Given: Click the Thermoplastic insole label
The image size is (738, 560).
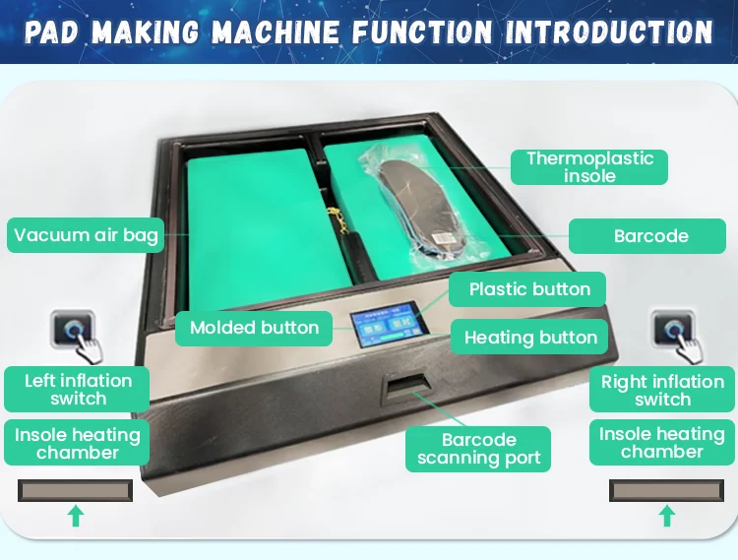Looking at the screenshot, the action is (x=589, y=167).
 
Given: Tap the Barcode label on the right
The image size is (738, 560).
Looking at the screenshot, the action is (x=650, y=236).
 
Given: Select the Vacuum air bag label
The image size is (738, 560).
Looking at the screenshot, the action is (x=86, y=236).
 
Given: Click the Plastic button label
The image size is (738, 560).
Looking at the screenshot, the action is (x=529, y=289).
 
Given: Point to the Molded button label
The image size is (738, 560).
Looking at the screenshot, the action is (x=254, y=328).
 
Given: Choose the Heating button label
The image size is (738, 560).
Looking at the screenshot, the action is (x=530, y=338).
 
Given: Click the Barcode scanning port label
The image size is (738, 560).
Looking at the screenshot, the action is (x=479, y=449).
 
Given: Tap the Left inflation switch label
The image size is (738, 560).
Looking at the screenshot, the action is (x=78, y=390).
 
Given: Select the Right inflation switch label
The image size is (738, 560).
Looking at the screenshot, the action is (x=662, y=391).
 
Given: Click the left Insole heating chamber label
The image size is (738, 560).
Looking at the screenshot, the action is (x=78, y=444).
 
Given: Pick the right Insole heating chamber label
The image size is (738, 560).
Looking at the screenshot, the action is (x=662, y=443).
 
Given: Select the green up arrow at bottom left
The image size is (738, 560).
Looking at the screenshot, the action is (x=75, y=515).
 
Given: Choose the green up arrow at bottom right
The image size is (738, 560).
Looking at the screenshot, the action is (x=667, y=515).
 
